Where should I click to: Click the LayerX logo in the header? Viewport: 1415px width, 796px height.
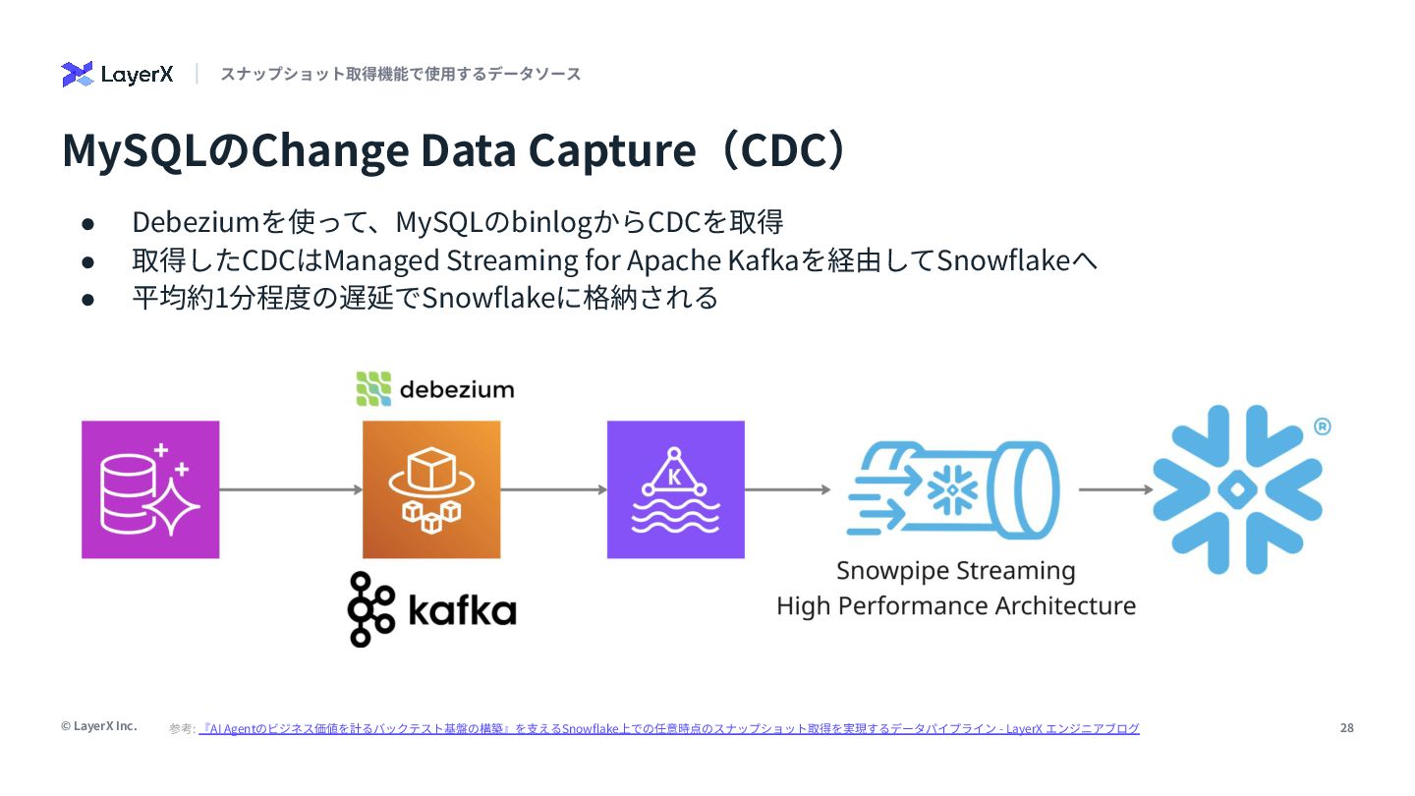click(117, 74)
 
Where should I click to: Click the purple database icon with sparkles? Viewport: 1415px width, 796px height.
click(150, 489)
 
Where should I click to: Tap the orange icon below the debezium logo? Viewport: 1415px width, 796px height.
click(431, 489)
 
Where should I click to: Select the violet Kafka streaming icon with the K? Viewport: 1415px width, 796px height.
click(676, 489)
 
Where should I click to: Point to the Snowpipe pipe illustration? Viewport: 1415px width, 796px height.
click(952, 488)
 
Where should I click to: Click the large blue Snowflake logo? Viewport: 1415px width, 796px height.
click(1237, 488)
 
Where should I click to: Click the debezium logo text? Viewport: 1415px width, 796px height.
click(434, 389)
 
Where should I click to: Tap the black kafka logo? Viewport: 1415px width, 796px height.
click(432, 609)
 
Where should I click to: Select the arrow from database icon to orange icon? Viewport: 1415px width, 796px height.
click(291, 489)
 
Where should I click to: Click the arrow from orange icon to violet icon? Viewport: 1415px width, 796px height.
click(553, 489)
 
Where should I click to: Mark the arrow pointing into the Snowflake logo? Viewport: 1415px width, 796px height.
click(1116, 489)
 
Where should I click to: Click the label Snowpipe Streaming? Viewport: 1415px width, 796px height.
click(955, 571)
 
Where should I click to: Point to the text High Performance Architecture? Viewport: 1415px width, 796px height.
click(955, 605)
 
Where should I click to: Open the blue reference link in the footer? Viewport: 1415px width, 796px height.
click(668, 728)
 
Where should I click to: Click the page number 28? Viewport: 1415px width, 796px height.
click(1346, 728)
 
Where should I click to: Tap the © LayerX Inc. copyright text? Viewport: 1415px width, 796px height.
click(98, 726)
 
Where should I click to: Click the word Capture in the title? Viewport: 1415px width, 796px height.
click(611, 150)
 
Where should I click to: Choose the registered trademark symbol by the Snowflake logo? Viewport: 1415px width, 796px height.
click(1322, 426)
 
